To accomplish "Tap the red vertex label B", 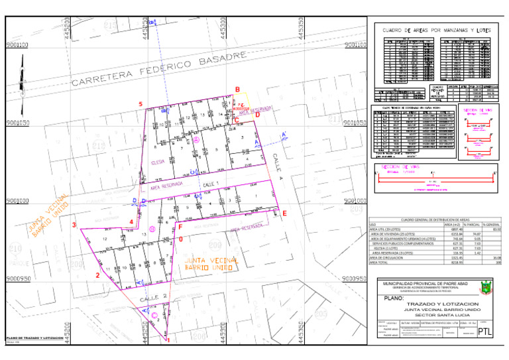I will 237,90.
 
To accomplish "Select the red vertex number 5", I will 141,105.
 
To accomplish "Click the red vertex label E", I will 284,213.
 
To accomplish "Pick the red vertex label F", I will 180,227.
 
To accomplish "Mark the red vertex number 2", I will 98,275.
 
